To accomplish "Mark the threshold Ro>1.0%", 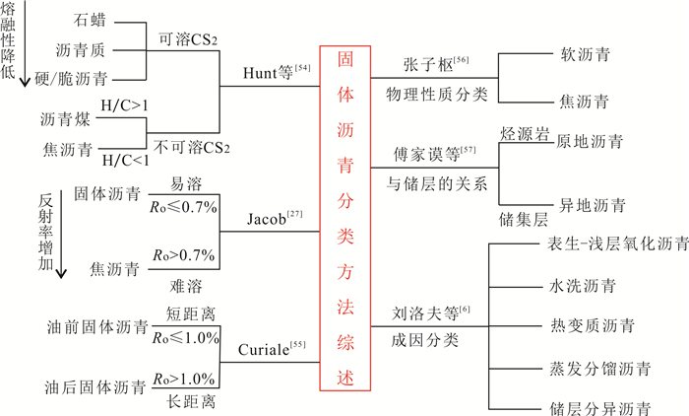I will coord(184,378).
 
